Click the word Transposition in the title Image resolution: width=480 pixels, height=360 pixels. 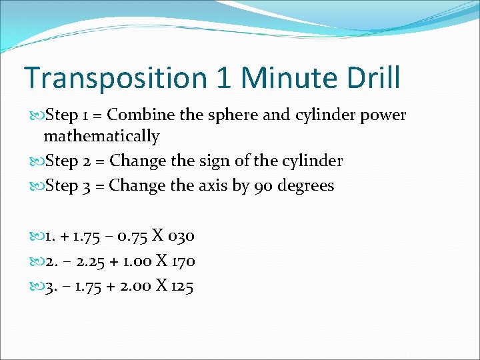point(115,78)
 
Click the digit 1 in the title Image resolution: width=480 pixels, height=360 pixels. point(225,78)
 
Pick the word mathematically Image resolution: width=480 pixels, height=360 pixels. point(101,137)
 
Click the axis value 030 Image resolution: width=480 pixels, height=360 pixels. point(181,236)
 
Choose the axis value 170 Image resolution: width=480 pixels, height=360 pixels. point(183,261)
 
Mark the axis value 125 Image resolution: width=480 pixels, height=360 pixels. point(181,287)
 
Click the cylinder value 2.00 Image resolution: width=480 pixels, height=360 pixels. point(132,287)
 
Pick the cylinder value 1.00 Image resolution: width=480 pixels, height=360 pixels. point(132,261)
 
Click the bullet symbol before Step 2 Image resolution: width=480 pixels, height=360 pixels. point(37,161)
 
